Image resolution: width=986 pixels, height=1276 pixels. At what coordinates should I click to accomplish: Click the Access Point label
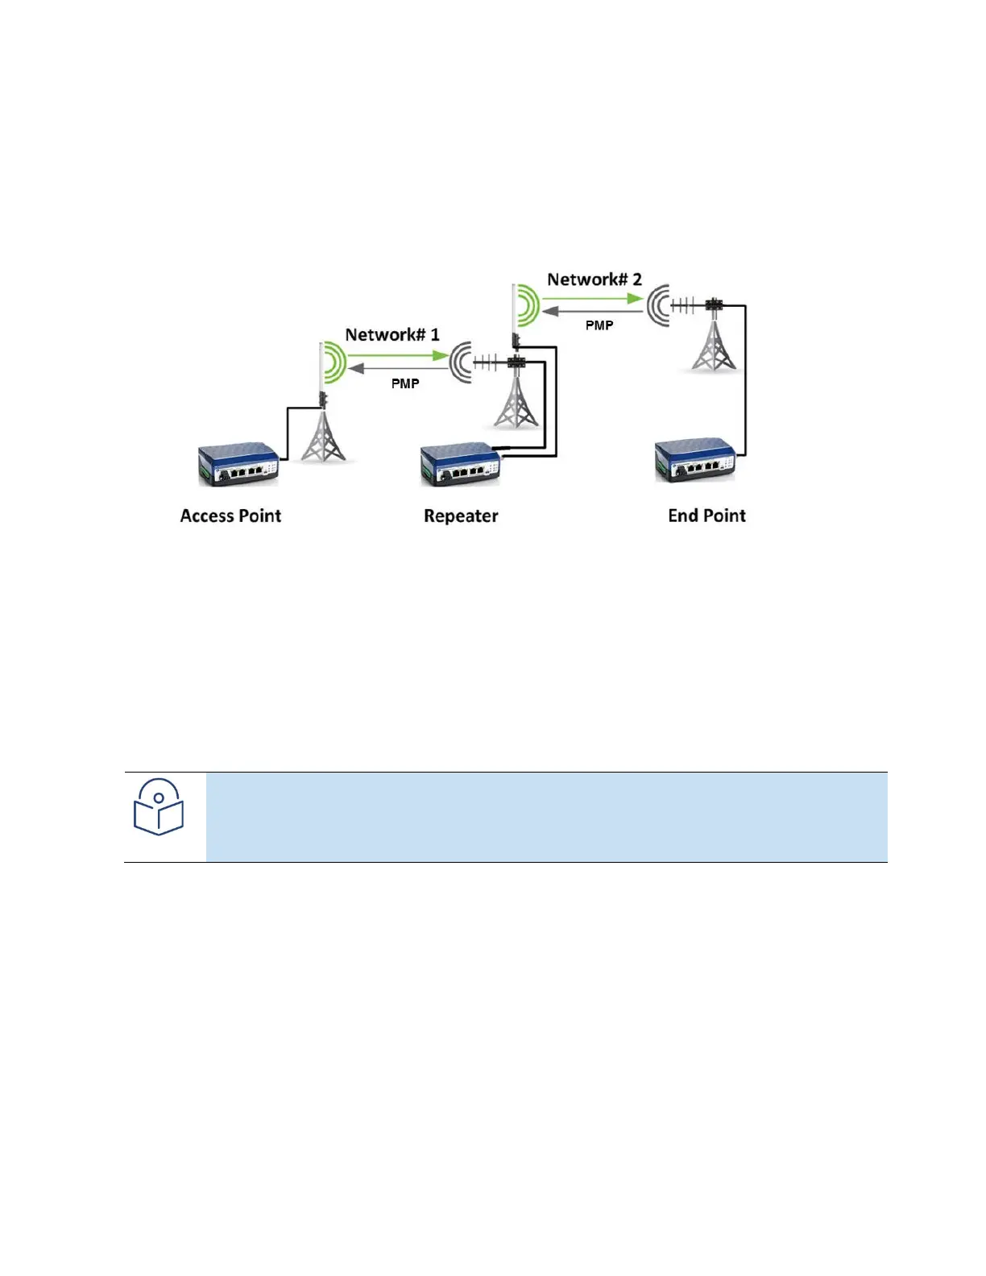230,516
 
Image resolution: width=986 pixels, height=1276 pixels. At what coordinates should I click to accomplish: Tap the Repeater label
461,516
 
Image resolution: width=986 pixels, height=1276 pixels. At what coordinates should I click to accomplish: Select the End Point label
706,516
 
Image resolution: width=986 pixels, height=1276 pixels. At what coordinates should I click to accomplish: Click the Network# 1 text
392,334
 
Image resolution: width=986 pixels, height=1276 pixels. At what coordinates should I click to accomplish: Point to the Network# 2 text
594,280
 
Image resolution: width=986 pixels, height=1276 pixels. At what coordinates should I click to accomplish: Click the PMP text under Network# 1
405,383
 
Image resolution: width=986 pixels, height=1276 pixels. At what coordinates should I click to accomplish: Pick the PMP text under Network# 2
599,325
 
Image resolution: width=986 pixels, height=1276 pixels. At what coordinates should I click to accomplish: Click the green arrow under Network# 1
397,355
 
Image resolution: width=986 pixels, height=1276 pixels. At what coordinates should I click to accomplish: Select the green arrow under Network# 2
592,298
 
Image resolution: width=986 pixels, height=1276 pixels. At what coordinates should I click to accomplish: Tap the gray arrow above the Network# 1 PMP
399,368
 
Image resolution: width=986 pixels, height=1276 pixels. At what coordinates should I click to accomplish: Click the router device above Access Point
238,464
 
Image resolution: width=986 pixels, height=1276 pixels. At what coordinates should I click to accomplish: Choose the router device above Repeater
460,465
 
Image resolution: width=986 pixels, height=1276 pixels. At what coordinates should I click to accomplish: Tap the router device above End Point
695,462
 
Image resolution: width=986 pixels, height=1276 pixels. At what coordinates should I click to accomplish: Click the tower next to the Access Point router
324,435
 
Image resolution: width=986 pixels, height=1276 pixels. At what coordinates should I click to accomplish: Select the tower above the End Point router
714,342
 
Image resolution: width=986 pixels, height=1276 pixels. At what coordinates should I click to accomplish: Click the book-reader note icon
159,807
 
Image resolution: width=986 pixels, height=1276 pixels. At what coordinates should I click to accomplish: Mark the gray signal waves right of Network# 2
658,305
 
